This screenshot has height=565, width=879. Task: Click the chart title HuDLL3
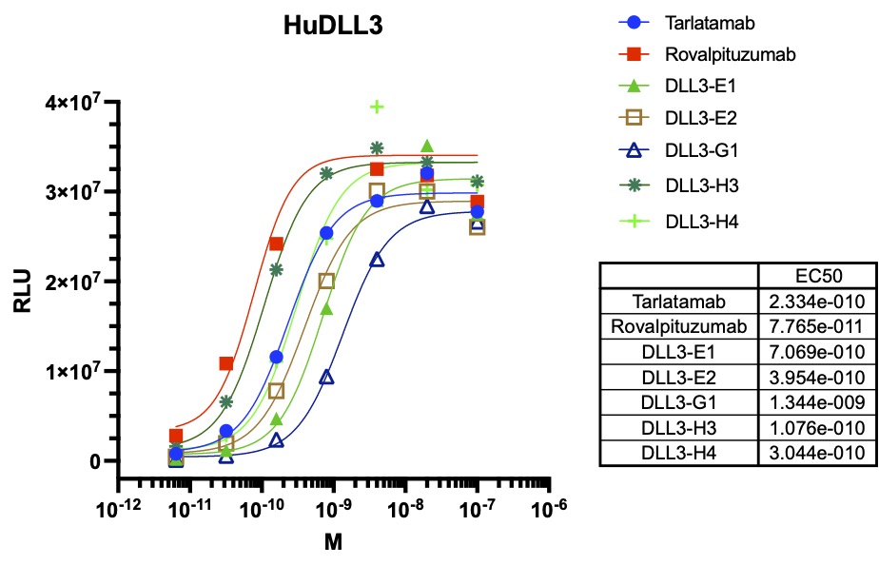pos(333,27)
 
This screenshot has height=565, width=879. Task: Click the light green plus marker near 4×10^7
pos(377,107)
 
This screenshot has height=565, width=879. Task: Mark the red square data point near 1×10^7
pos(226,363)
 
